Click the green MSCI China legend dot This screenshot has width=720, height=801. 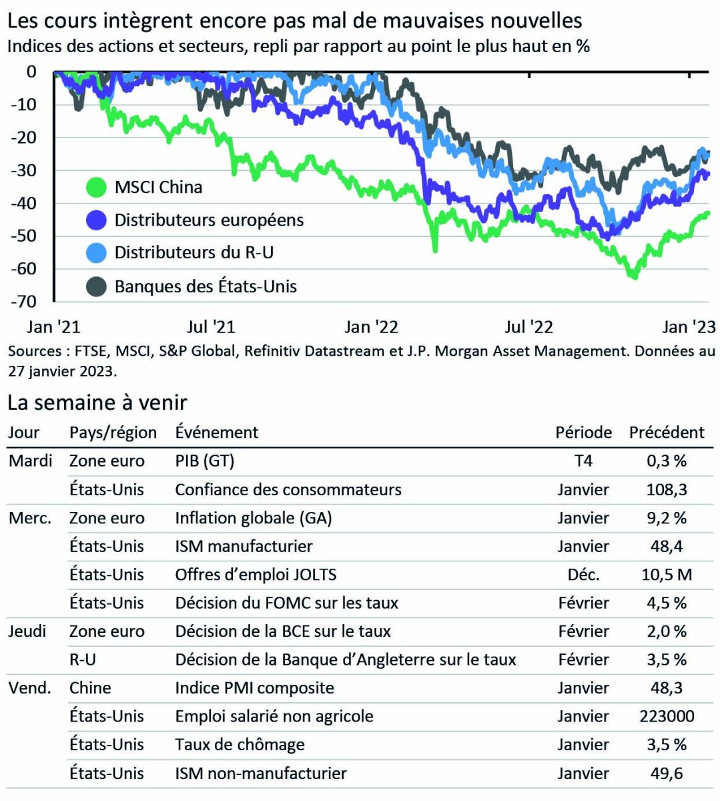[x=97, y=188]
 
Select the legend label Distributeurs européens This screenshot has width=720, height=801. [x=209, y=220]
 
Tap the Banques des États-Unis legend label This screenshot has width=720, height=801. [x=206, y=287]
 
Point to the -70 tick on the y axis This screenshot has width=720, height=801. [x=24, y=302]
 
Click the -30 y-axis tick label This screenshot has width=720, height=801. [x=24, y=170]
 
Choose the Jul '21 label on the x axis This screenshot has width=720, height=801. [x=211, y=327]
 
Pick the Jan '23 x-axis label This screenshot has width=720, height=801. [x=689, y=327]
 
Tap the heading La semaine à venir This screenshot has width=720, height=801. [x=97, y=403]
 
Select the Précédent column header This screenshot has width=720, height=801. [x=666, y=433]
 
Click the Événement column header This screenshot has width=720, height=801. [x=217, y=433]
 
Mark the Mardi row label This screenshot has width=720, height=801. [x=31, y=461]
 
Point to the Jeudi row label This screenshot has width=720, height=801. [x=27, y=631]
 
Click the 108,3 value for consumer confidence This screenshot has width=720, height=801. [x=666, y=489]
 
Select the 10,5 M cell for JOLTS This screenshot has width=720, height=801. [x=666, y=574]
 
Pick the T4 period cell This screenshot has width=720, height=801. [x=583, y=461]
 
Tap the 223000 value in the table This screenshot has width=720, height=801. [x=666, y=716]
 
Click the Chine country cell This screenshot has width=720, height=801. [x=90, y=688]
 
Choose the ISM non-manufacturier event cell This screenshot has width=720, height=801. [x=261, y=774]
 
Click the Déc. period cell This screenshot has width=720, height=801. [x=583, y=574]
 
